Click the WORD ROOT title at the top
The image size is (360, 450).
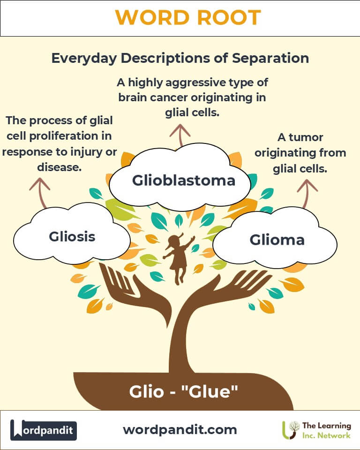point(187,18)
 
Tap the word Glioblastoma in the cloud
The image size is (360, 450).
point(183,180)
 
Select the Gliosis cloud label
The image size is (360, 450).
point(72,236)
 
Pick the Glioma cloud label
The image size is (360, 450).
point(277,240)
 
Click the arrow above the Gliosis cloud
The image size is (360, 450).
point(40,192)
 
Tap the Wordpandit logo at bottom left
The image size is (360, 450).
point(44,430)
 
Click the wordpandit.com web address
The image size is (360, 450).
point(180,429)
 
